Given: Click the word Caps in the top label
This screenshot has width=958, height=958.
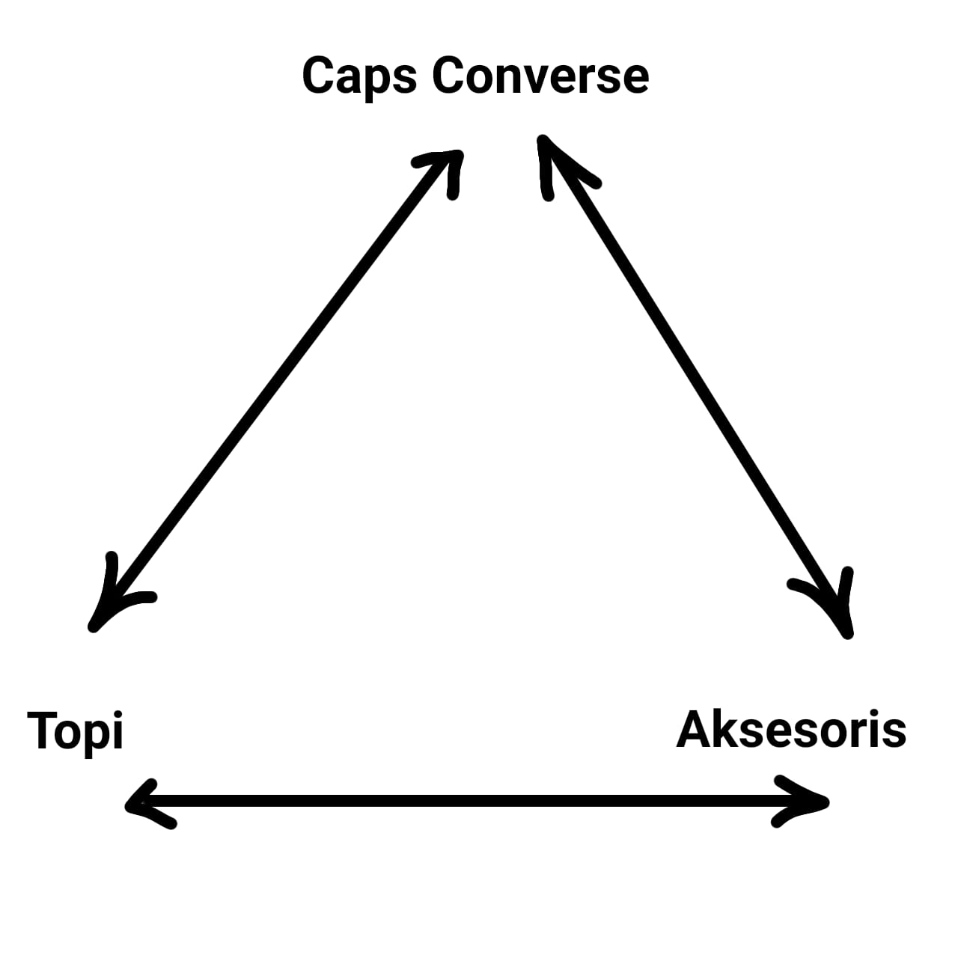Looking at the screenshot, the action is click(359, 76).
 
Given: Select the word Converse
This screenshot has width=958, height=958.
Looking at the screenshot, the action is click(540, 76).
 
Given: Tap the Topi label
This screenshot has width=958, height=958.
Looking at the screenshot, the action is click(75, 730).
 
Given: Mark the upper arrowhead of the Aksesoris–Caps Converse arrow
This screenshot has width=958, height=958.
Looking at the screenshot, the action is click(554, 161).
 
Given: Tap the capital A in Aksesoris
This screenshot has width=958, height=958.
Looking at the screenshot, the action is click(693, 729).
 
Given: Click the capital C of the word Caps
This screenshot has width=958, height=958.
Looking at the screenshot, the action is click(317, 76).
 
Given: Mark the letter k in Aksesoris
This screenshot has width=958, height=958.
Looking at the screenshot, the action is click(725, 729).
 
